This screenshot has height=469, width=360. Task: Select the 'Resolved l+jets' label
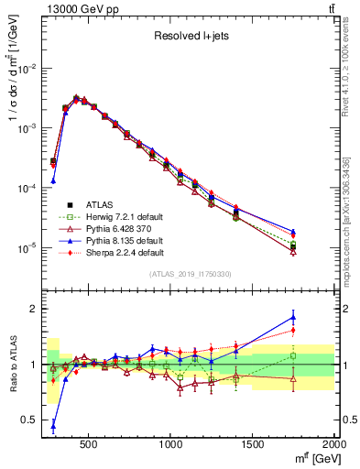pos(191,38)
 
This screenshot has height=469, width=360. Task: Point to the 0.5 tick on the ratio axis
pos(32,420)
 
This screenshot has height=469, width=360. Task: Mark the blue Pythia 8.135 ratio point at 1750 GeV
pos(293,317)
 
